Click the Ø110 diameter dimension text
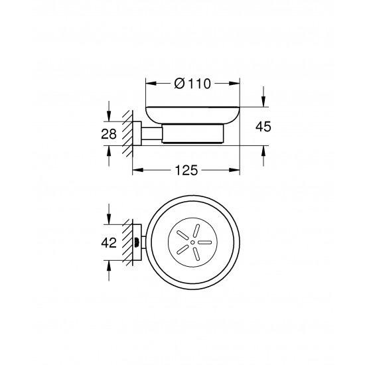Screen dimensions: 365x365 click(x=192, y=84)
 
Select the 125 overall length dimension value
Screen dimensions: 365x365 click(x=186, y=171)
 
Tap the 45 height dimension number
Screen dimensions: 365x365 click(x=264, y=126)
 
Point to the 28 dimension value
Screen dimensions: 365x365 click(x=108, y=133)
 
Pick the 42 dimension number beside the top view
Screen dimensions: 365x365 click(x=109, y=243)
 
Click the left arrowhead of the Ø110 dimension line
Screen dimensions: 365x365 click(x=149, y=84)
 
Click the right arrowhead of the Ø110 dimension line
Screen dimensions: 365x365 click(x=235, y=84)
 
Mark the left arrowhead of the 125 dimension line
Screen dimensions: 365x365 click(x=137, y=171)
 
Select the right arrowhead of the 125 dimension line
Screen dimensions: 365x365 click(x=235, y=171)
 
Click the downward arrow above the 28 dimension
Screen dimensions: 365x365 click(x=108, y=117)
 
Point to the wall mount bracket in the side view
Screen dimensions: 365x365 click(x=137, y=133)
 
